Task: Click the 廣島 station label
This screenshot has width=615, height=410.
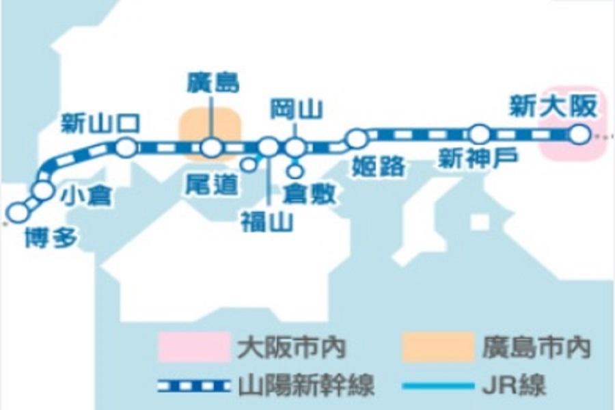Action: [x=213, y=83]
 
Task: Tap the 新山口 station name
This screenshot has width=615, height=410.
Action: [x=100, y=124]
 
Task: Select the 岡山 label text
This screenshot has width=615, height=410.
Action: [x=296, y=109]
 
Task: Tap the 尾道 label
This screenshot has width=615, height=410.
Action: [x=212, y=184]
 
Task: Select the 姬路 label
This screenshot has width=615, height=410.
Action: [x=380, y=166]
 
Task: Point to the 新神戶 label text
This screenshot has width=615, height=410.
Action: [x=478, y=159]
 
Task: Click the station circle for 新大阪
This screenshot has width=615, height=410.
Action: [x=579, y=135]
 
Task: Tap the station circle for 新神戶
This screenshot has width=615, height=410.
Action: [x=480, y=134]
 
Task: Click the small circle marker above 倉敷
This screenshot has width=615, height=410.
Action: [x=295, y=172]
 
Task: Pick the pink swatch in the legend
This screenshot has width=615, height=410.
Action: [x=193, y=347]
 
